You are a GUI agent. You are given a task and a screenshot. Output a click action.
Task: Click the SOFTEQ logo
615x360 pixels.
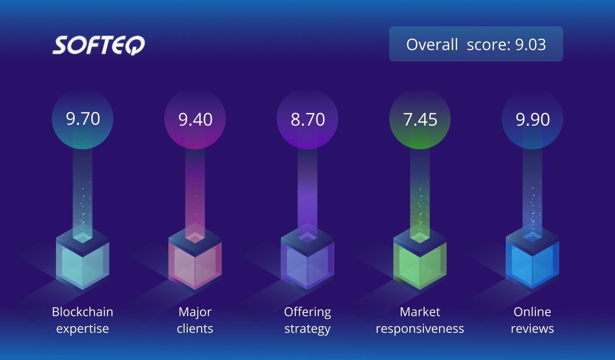click(98, 45)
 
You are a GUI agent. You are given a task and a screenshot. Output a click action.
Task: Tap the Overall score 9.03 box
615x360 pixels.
click(476, 44)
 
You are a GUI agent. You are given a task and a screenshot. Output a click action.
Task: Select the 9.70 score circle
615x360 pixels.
click(83, 119)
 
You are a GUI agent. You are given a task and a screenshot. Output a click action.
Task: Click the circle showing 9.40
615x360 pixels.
click(195, 119)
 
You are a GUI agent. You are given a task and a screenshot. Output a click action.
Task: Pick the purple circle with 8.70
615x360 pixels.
click(307, 119)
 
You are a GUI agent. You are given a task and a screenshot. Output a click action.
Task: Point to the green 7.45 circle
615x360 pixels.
click(420, 119)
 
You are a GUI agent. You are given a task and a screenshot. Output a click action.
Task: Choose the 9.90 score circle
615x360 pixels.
click(532, 119)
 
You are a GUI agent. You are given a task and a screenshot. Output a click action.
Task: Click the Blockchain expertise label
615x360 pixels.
click(83, 320)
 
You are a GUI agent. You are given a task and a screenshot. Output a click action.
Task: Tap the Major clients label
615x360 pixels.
click(195, 320)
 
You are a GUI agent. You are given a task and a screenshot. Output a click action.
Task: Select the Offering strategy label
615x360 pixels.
click(307, 320)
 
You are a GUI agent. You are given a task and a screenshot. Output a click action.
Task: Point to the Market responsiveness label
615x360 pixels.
click(420, 320)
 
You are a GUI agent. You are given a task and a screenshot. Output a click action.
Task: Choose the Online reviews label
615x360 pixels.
click(532, 320)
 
